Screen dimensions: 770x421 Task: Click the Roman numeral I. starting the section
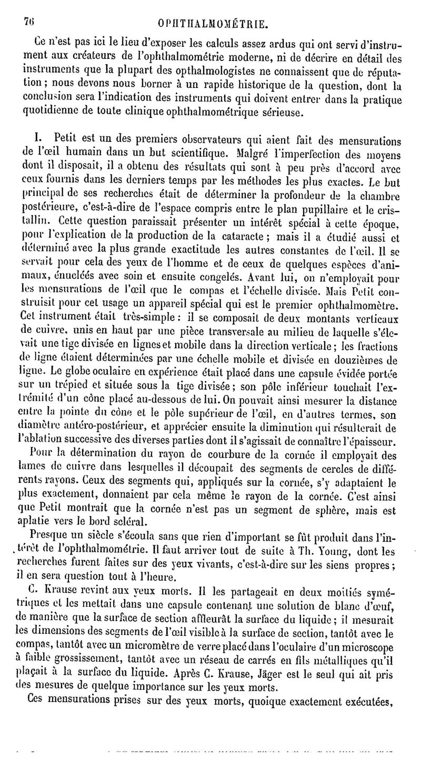point(37,140)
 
